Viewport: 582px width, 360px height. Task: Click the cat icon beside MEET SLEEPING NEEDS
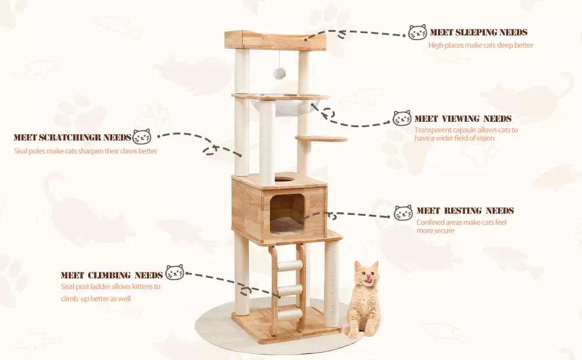tap(418, 32)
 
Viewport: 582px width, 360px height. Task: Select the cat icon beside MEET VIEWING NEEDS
tap(402, 118)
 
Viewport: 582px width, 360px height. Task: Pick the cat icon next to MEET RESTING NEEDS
tap(403, 212)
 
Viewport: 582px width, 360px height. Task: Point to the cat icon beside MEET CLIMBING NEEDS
tap(175, 272)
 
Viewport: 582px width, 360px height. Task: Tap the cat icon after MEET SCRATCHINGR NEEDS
tap(142, 136)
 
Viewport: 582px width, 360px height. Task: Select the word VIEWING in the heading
tap(463, 119)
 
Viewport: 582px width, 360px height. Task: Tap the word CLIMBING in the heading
tap(109, 275)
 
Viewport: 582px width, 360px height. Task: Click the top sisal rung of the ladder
tap(290, 265)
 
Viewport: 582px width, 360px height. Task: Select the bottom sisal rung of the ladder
tap(290, 315)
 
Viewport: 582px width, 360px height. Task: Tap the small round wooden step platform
tap(321, 139)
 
